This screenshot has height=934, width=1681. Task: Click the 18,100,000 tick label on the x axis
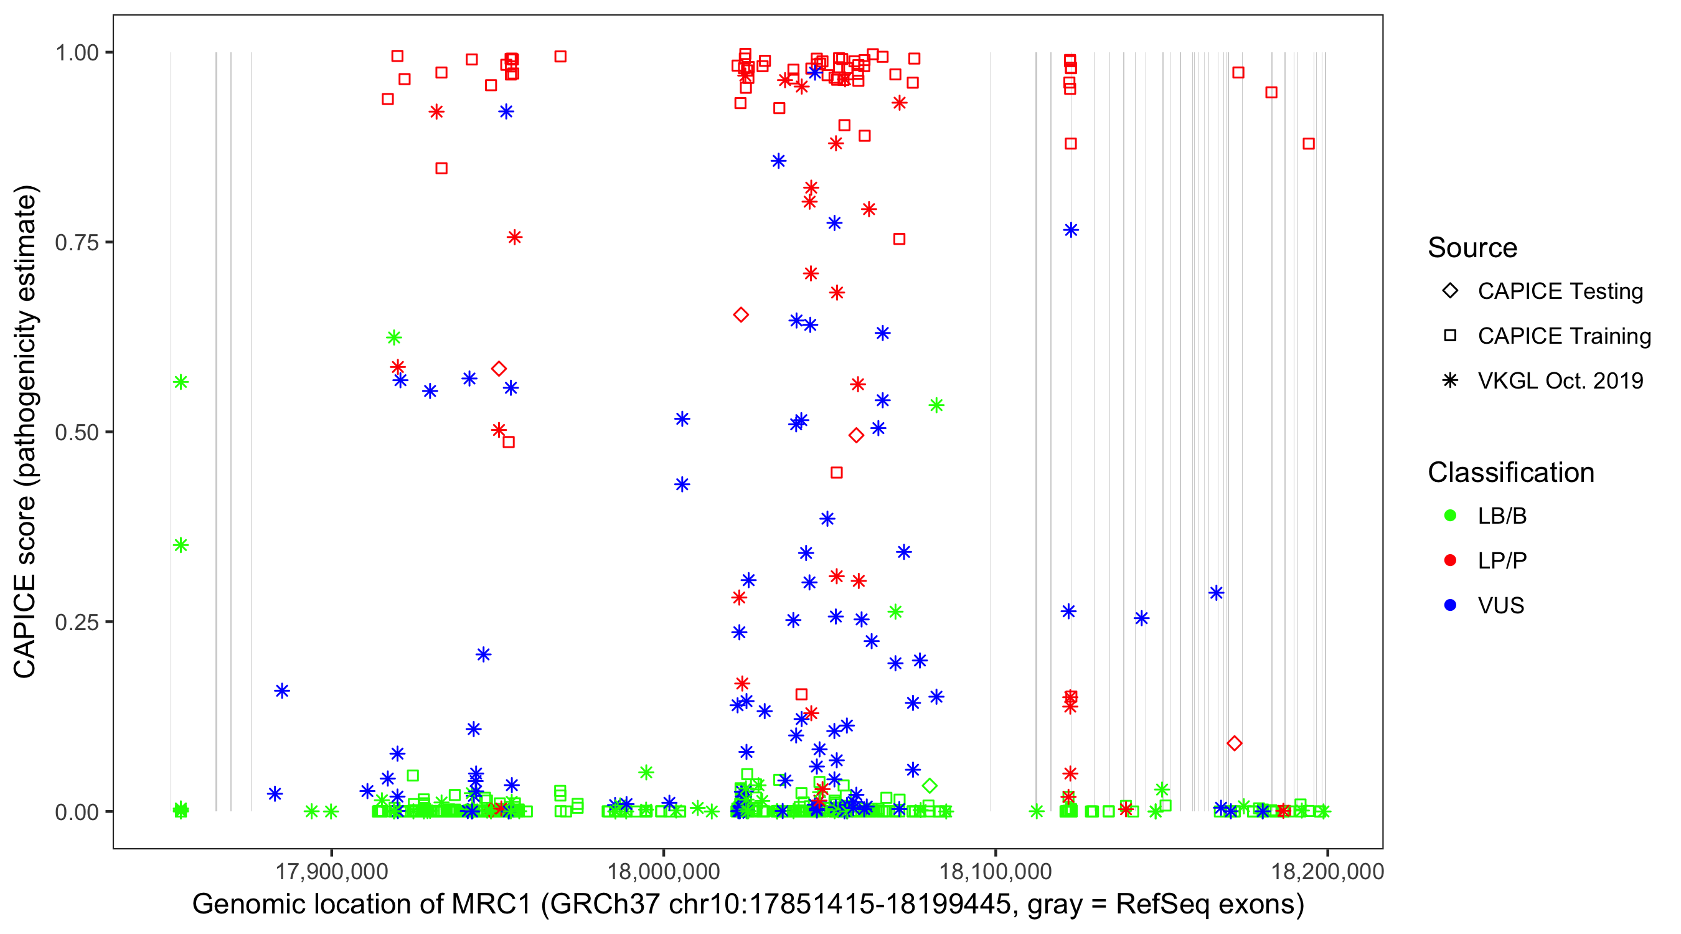point(995,871)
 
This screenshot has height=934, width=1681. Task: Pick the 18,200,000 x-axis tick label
point(1327,871)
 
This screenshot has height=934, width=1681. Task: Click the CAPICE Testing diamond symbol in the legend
point(1450,291)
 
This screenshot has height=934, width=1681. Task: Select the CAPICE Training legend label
point(1564,336)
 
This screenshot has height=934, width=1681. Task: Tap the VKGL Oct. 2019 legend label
point(1560,380)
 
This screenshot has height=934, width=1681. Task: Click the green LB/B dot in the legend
point(1450,516)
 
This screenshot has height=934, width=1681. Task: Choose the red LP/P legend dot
point(1450,560)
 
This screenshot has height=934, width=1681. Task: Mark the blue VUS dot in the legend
point(1450,605)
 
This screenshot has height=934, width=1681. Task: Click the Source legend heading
point(1472,248)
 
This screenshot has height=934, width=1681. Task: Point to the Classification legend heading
point(1510,473)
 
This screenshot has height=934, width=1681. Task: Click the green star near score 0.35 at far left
point(181,545)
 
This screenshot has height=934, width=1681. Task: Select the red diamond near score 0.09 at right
point(1234,743)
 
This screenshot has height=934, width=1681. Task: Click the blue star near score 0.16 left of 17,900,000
point(282,691)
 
